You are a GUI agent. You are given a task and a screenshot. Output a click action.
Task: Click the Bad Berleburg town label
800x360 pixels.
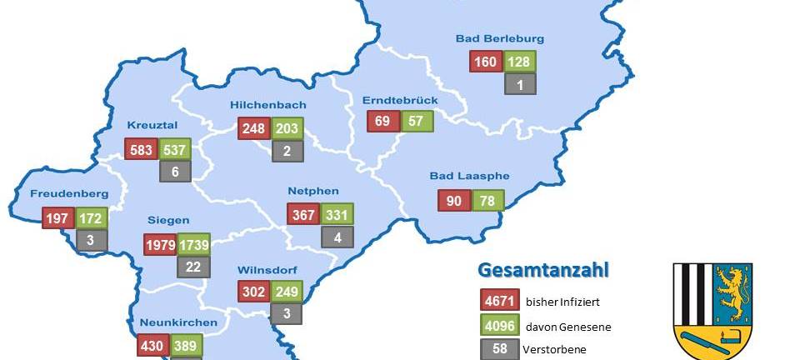point(500,38)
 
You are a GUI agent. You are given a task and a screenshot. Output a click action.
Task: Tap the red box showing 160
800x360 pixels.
point(485,62)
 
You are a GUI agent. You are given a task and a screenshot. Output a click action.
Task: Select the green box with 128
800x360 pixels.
point(519,62)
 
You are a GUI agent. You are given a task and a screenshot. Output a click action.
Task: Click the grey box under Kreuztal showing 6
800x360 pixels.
point(175,171)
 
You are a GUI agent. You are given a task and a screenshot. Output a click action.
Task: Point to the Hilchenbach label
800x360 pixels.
point(267,105)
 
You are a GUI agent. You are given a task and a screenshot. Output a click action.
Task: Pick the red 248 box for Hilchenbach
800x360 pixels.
point(253,128)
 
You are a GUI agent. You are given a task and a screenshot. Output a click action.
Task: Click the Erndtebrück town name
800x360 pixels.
point(400,100)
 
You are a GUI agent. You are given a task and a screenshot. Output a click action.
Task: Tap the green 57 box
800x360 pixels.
point(417,121)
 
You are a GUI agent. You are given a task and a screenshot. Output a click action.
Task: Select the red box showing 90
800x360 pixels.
point(454,201)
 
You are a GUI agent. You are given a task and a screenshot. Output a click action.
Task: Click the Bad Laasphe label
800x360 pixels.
point(469,176)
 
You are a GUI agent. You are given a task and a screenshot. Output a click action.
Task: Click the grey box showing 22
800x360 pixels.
point(192,267)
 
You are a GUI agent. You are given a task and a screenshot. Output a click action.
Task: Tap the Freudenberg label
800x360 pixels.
point(69,194)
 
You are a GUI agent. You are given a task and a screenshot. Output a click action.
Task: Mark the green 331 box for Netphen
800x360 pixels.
point(337,214)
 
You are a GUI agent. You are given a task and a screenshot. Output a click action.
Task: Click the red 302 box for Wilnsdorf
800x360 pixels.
point(252,292)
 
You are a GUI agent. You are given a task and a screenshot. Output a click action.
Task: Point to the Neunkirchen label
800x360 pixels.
point(173,322)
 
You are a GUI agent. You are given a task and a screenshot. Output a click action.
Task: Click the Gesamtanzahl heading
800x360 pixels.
point(542,270)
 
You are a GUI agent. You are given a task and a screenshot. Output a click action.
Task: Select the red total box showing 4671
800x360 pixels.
point(500,300)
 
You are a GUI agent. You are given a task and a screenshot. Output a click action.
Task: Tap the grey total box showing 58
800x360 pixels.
point(500,349)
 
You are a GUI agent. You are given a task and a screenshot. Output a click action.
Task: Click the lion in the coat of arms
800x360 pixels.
point(730,294)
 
